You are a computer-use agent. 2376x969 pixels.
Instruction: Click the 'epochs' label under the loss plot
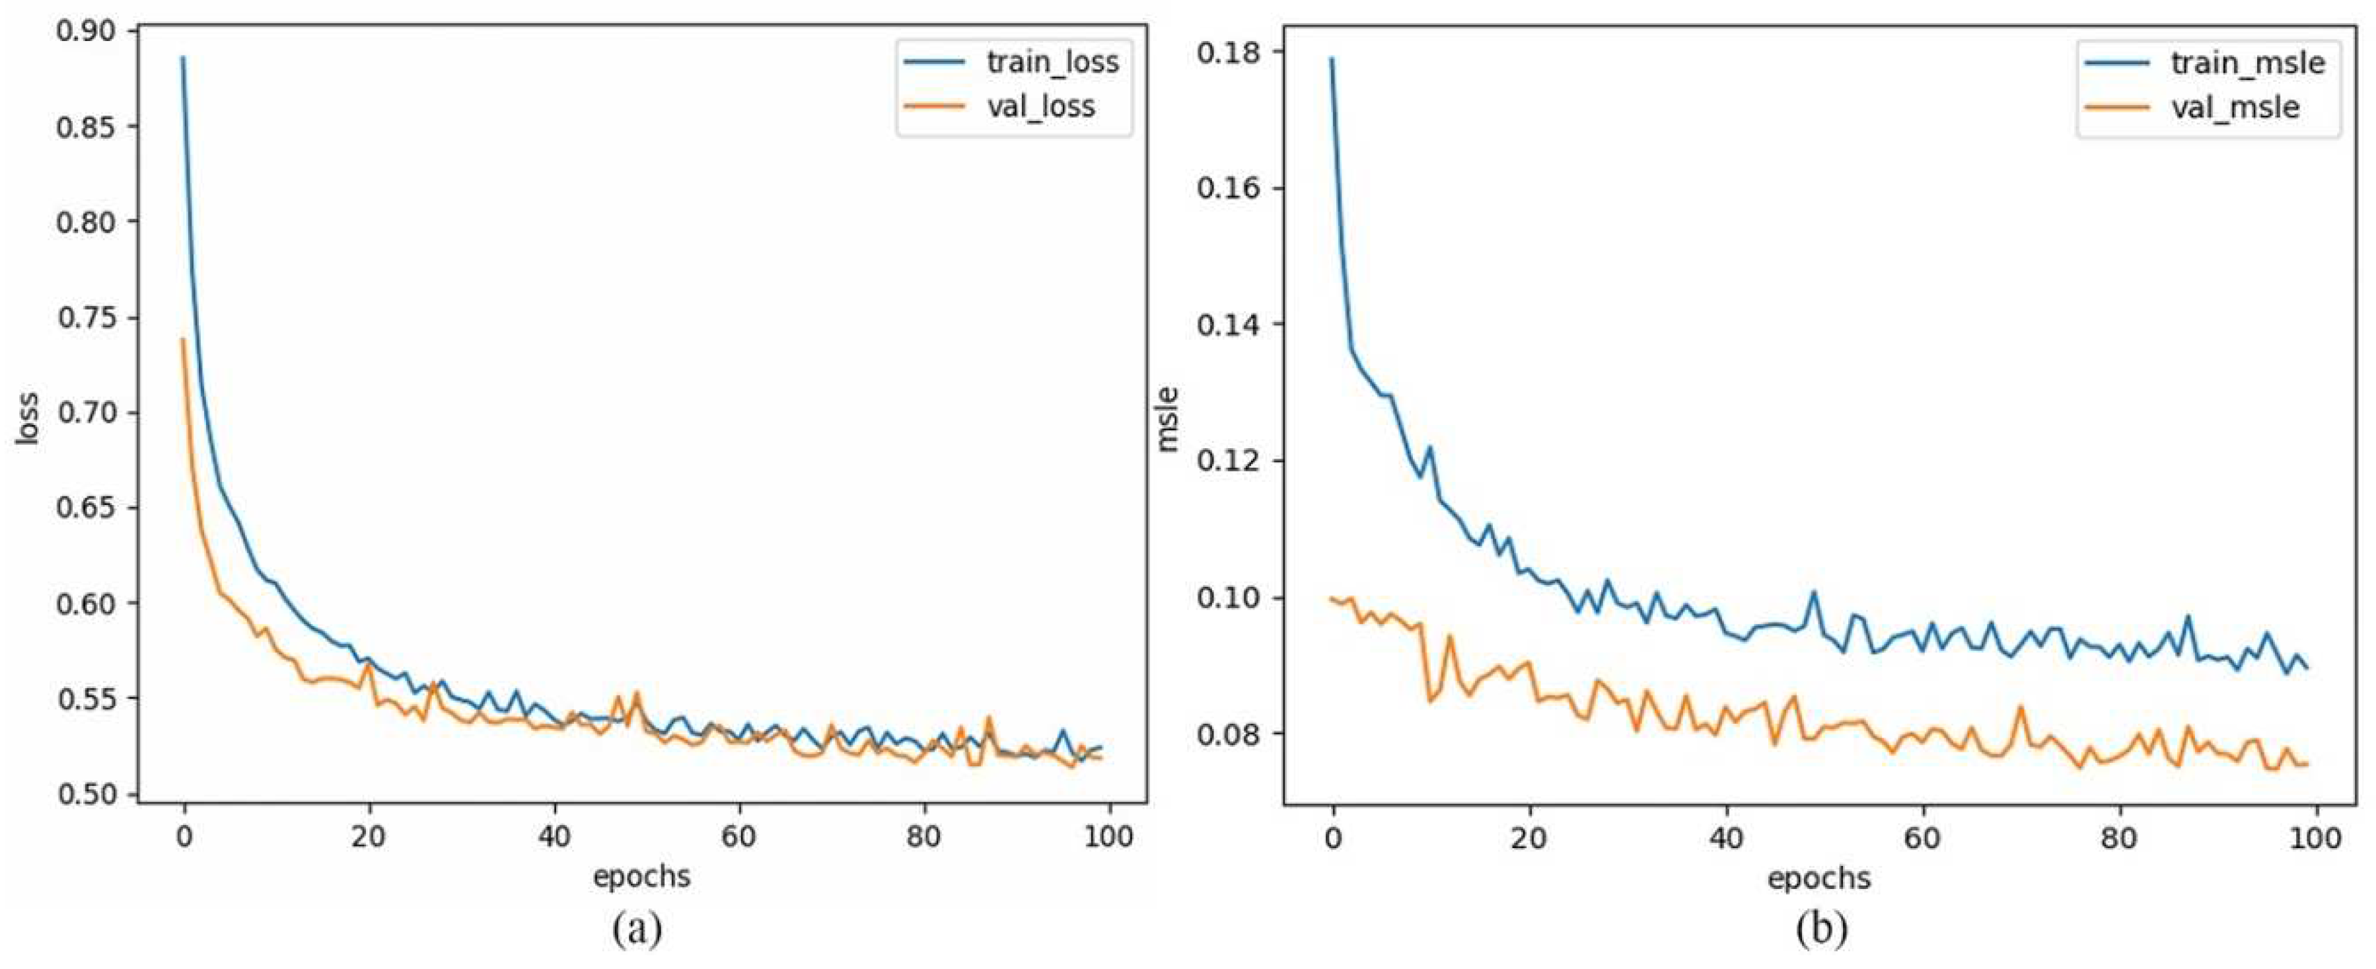pos(641,875)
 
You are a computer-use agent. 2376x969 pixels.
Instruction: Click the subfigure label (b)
pos(1822,929)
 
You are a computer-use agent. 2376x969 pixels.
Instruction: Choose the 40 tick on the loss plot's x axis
pos(554,836)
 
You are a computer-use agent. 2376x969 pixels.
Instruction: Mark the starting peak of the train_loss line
pos(182,58)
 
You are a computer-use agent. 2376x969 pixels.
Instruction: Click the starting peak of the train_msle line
pos(1332,59)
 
